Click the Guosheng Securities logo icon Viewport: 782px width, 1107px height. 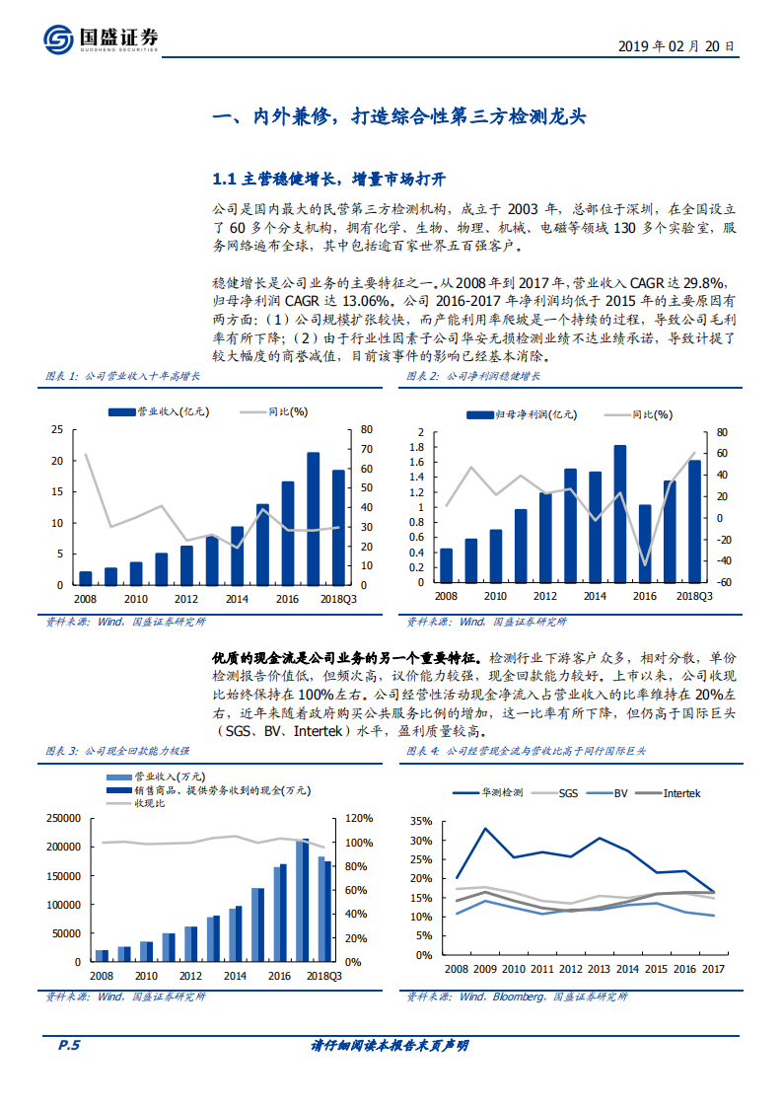click(58, 39)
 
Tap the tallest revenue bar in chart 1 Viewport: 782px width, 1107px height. click(313, 518)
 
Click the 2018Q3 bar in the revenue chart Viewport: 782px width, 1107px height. click(338, 527)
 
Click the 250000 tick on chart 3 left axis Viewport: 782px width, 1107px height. click(62, 819)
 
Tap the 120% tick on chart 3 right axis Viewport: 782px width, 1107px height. click(359, 819)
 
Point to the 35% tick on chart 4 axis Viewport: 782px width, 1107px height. click(422, 822)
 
